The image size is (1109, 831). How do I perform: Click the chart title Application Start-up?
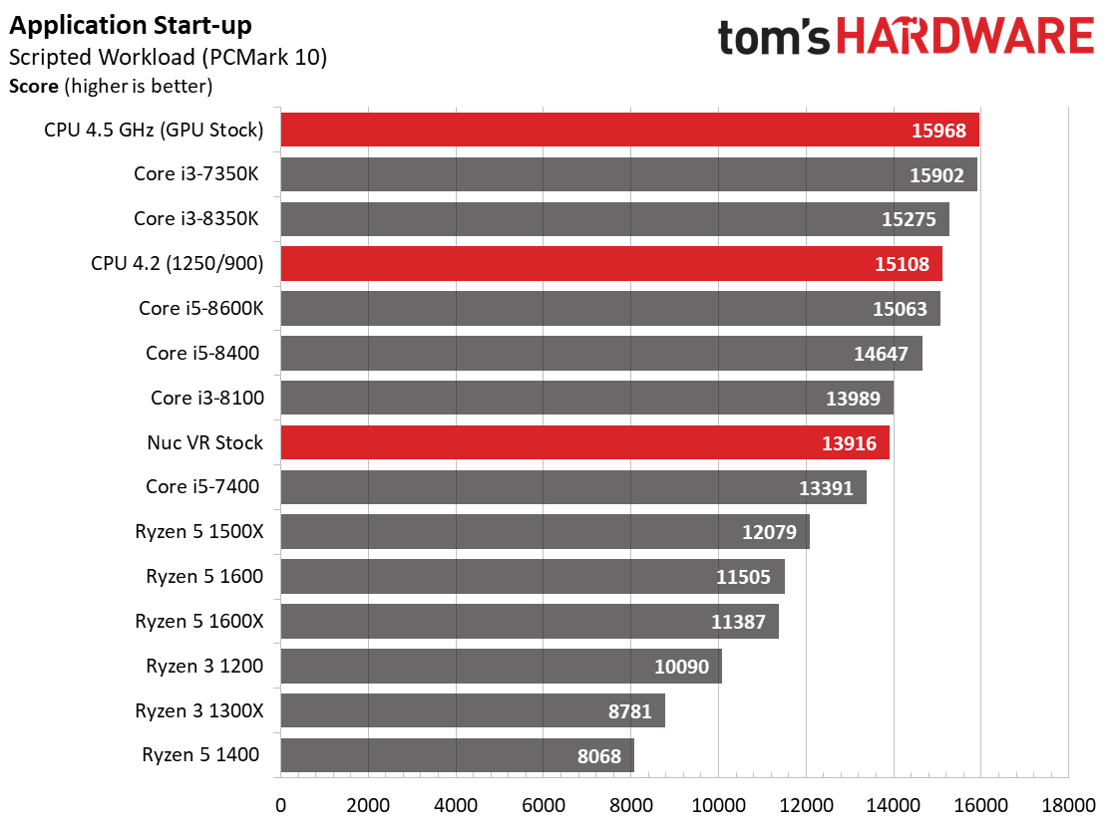(x=130, y=26)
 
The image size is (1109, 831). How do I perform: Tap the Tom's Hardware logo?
(x=906, y=37)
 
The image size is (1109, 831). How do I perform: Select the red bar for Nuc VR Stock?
(x=584, y=442)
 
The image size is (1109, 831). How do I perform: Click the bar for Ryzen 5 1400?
(x=457, y=755)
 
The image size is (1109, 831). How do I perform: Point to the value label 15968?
(x=938, y=131)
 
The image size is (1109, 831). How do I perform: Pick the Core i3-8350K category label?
(x=196, y=218)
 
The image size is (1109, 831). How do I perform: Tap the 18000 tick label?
(x=1068, y=805)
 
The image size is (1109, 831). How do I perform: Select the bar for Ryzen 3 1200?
(x=502, y=667)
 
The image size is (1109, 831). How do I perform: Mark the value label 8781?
(x=629, y=710)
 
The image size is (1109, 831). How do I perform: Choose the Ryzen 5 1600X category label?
(x=198, y=621)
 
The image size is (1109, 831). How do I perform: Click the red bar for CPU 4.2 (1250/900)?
(x=611, y=264)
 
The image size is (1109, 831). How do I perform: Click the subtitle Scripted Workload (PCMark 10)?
(x=169, y=57)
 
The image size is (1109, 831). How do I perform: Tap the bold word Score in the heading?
(x=33, y=87)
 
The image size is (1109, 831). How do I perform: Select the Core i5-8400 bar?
(x=601, y=354)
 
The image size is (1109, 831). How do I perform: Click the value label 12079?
(x=769, y=532)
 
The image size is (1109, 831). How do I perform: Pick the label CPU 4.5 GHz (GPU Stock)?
(x=154, y=130)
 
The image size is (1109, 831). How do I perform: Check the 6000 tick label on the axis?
(x=544, y=805)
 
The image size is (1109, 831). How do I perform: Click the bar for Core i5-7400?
(x=573, y=487)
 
